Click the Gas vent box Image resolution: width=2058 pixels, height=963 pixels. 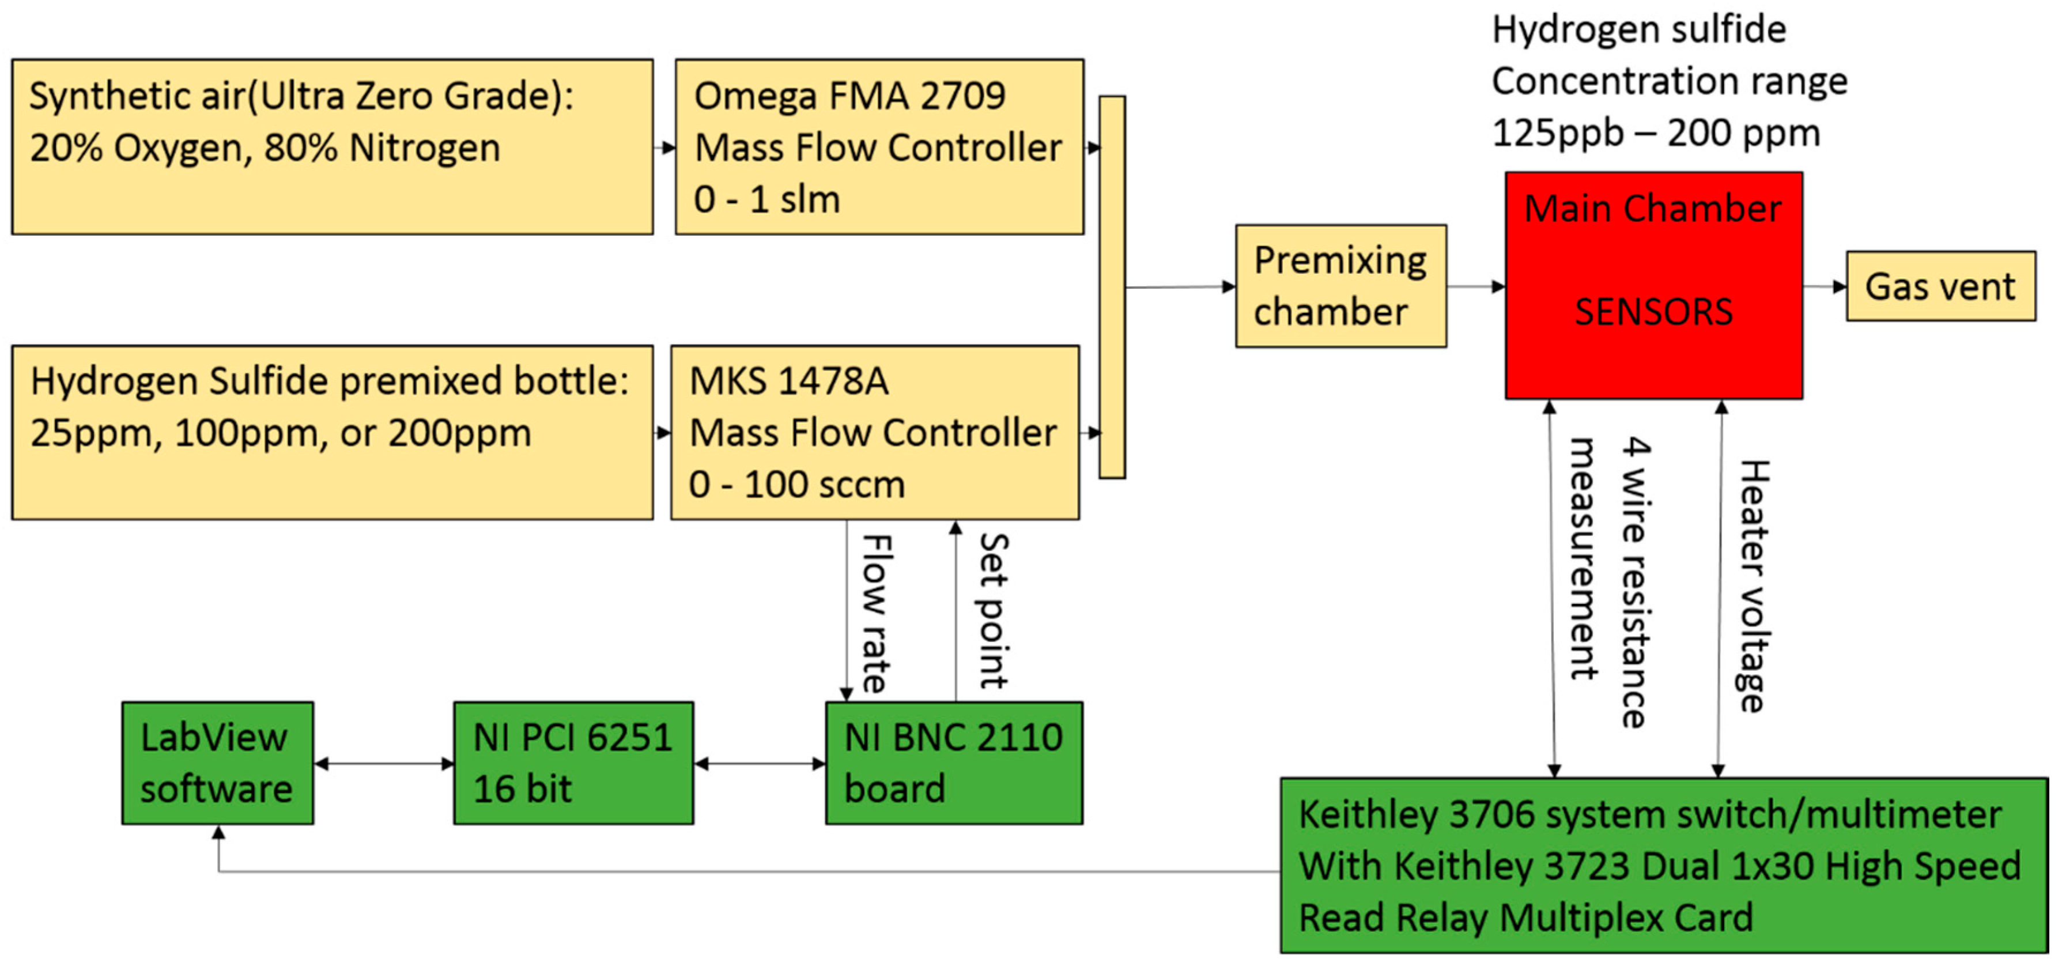tap(1940, 286)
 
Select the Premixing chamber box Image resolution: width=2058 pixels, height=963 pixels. tap(1340, 286)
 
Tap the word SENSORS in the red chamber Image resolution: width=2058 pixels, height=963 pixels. tap(1653, 312)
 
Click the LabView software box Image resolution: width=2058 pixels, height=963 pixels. tap(217, 762)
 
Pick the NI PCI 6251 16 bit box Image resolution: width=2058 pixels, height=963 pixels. tap(573, 762)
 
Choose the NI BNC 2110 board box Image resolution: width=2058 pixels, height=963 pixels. tap(953, 762)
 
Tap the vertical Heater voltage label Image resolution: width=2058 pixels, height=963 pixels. tap(1754, 585)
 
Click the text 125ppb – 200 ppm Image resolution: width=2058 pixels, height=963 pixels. tap(1655, 133)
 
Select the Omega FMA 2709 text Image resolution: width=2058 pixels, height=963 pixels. tap(849, 96)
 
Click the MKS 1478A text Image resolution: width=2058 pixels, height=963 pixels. tap(788, 380)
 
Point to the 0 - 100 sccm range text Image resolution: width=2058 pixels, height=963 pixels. tap(796, 484)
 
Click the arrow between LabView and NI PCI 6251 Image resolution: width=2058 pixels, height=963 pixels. tap(383, 763)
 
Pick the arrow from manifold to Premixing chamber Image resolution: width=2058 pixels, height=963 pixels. tap(1180, 287)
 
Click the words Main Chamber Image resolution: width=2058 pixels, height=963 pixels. tap(1652, 209)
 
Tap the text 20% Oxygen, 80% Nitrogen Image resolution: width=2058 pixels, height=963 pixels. tap(265, 148)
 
